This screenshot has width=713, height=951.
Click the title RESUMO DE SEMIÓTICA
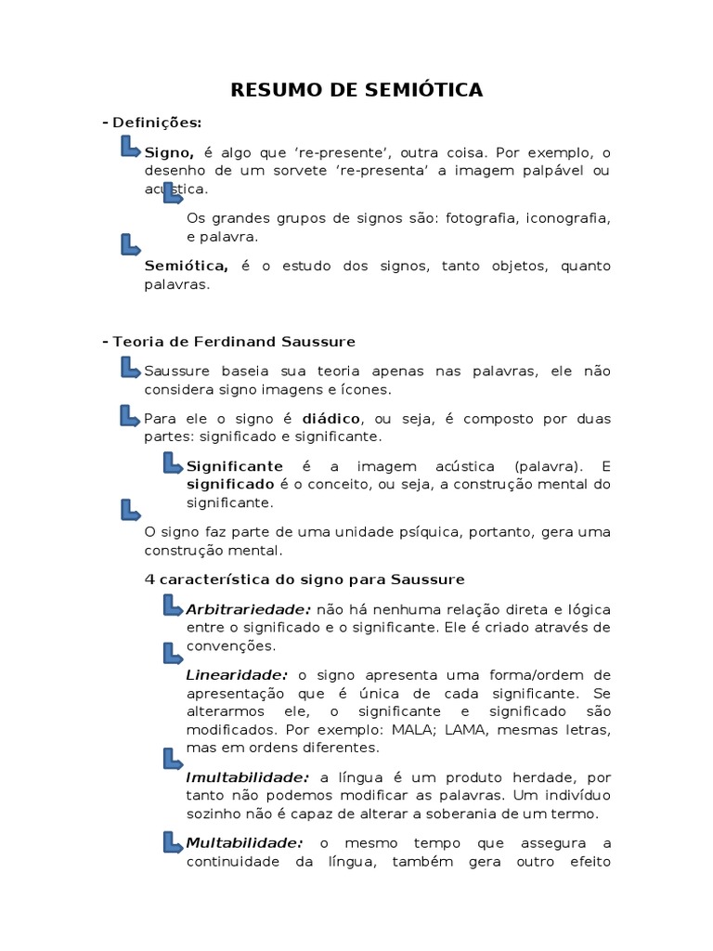[x=356, y=90]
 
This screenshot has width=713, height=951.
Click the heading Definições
[x=155, y=123]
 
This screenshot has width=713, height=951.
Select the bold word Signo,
[x=169, y=152]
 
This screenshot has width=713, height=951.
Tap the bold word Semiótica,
[x=187, y=267]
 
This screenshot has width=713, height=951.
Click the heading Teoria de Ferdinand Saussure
[x=233, y=342]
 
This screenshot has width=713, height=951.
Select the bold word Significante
[x=235, y=466]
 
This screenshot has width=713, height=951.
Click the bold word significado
[x=226, y=485]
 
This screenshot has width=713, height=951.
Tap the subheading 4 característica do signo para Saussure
[x=305, y=580]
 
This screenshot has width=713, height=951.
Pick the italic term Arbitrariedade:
[x=248, y=609]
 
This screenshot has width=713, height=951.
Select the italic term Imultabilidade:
[x=247, y=777]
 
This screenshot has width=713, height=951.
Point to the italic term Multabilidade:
[x=244, y=843]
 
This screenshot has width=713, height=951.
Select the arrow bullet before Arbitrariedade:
[x=173, y=606]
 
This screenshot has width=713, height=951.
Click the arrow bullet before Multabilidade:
[x=173, y=841]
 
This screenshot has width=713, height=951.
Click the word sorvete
[x=328, y=171]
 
